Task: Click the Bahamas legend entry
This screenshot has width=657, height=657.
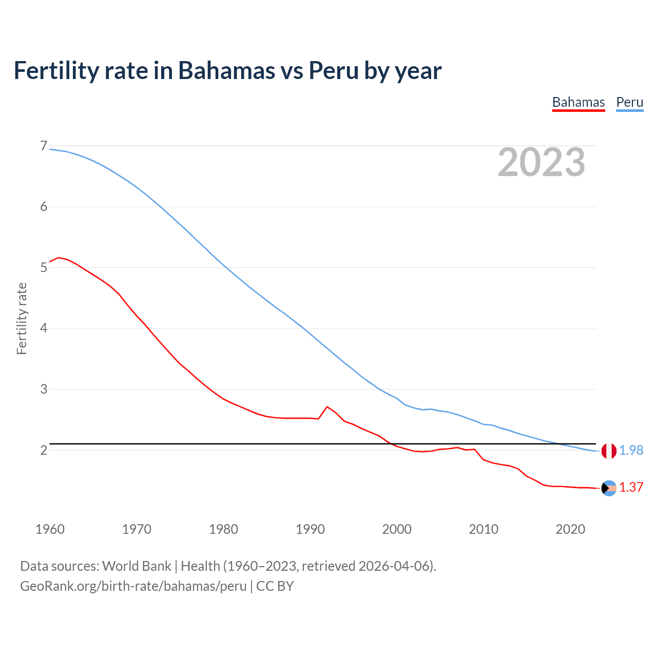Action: click(x=578, y=102)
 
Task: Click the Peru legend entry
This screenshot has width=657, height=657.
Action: click(x=629, y=102)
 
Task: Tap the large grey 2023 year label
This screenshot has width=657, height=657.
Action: click(x=542, y=162)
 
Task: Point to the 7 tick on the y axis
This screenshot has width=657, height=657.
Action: click(x=44, y=146)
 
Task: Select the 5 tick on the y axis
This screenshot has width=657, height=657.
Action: click(x=44, y=267)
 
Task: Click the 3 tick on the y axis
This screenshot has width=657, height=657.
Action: click(x=44, y=389)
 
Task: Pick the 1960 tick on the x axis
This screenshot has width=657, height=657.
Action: click(x=50, y=529)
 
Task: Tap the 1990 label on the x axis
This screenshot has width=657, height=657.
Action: click(x=310, y=529)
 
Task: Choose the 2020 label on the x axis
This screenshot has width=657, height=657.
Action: click(x=570, y=529)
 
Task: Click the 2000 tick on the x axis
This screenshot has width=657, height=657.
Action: click(x=397, y=529)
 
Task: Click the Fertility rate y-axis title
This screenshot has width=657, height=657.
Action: click(x=22, y=318)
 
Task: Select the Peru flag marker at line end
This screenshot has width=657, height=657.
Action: click(x=609, y=451)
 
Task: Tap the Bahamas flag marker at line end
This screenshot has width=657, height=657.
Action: click(x=609, y=488)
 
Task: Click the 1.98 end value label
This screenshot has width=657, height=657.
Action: click(x=631, y=450)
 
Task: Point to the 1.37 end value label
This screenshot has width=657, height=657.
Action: click(x=631, y=488)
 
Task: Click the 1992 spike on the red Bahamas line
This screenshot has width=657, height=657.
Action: click(x=327, y=407)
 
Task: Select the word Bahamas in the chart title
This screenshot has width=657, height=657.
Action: click(x=226, y=71)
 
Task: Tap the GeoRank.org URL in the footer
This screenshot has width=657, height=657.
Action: click(x=133, y=586)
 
